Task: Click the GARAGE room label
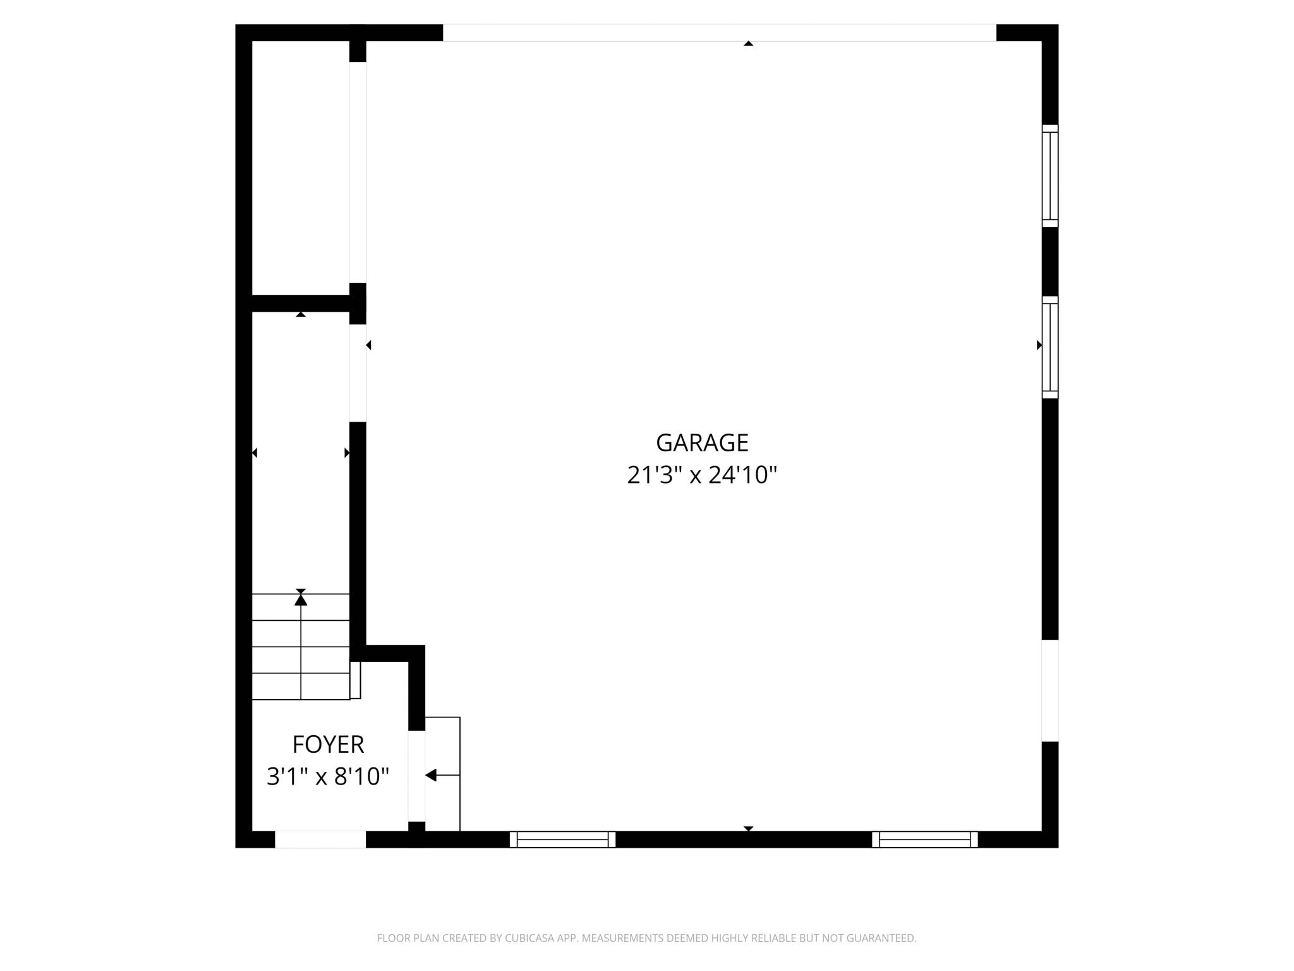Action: pos(702,443)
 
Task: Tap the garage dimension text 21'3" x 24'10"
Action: pos(701,475)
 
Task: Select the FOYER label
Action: pos(328,745)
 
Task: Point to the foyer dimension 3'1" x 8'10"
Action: pos(327,776)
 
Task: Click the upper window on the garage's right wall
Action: pos(1049,176)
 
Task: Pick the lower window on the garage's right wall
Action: pos(1049,347)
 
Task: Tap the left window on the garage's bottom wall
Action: pos(562,840)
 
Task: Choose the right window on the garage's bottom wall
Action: pos(924,840)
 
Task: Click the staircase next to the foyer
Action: pos(301,647)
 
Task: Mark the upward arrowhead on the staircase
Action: pos(301,599)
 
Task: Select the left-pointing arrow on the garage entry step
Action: pos(432,775)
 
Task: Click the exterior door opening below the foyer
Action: pos(320,840)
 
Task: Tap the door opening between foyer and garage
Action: pos(416,776)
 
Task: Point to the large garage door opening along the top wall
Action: pos(719,33)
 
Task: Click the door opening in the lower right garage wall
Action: pos(1049,690)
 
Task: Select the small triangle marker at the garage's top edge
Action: pos(748,44)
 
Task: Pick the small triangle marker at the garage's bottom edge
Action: pos(748,828)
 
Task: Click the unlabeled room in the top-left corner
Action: pos(300,168)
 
